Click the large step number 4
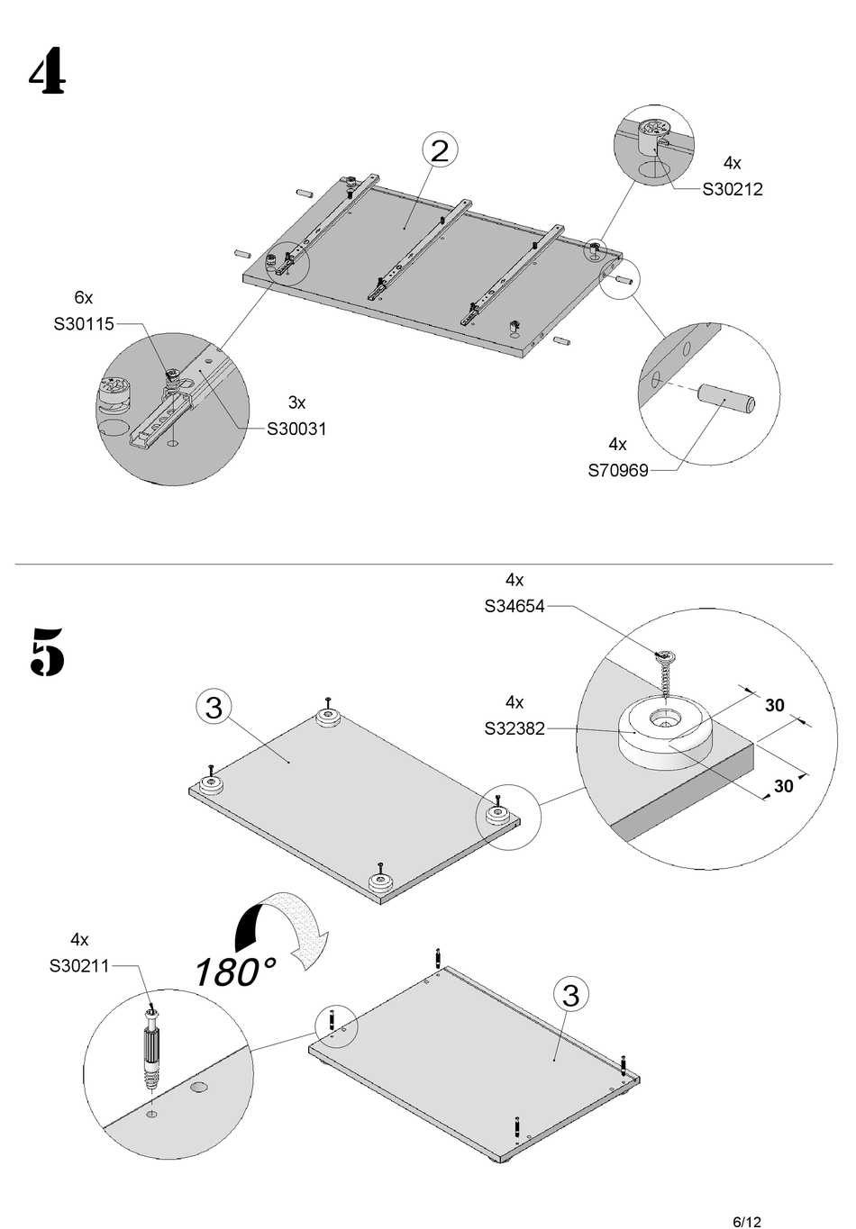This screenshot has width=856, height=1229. (47, 71)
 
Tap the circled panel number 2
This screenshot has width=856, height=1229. (440, 149)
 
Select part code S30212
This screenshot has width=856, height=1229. (733, 189)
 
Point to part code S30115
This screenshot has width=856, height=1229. (84, 324)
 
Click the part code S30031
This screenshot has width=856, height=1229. (296, 429)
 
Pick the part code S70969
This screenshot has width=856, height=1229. (618, 470)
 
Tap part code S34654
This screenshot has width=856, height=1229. (515, 606)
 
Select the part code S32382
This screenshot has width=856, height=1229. (515, 728)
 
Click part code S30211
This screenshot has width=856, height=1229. (79, 965)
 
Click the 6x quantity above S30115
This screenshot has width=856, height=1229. (84, 297)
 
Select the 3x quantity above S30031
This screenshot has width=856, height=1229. (296, 402)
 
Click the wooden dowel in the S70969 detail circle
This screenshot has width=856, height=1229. (726, 400)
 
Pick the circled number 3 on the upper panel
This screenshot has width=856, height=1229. (214, 707)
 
